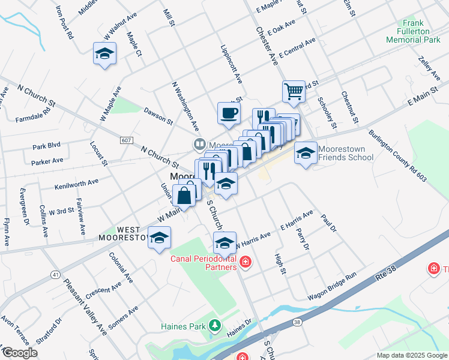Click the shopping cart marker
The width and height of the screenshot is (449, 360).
294,92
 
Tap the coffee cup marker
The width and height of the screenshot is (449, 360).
228,113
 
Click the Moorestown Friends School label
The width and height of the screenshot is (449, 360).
345,154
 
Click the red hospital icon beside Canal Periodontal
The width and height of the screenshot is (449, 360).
246,262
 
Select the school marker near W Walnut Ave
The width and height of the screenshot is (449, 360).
105,54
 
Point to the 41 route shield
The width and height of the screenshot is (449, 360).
55,274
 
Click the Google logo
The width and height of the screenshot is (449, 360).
19,353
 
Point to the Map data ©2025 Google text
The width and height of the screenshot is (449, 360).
412,355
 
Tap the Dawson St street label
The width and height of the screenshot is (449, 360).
158,115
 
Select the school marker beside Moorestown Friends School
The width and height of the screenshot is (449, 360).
306,153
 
